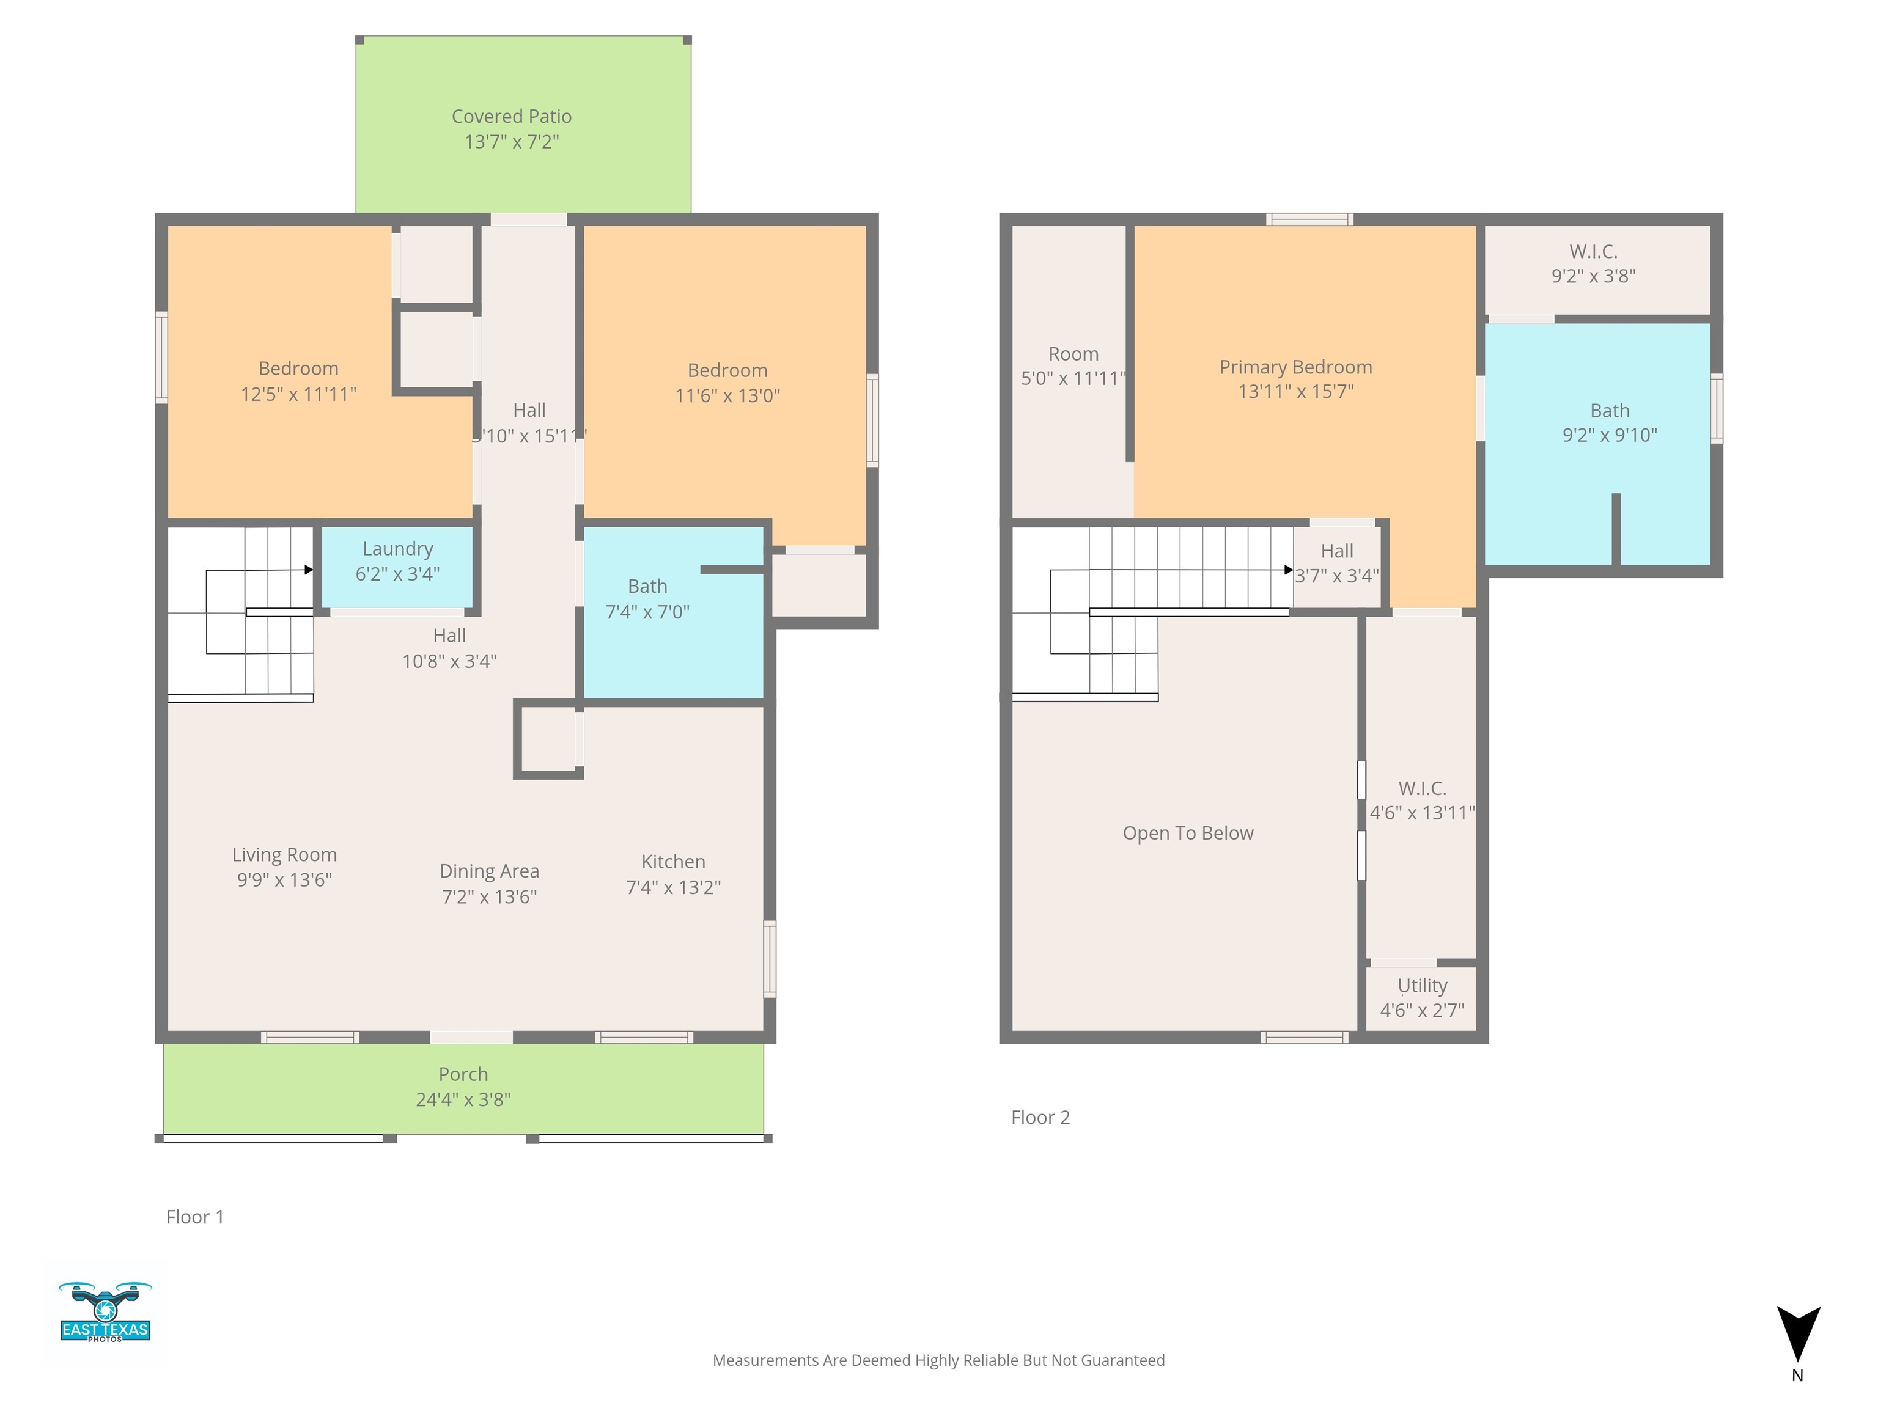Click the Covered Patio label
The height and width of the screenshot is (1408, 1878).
(511, 116)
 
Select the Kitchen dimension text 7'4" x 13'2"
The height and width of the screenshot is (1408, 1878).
(673, 887)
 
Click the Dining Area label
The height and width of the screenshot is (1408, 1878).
(489, 871)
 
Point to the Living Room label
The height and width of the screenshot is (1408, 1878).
(284, 855)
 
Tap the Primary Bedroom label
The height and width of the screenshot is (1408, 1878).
(1295, 367)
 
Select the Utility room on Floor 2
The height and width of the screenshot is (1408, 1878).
(1421, 999)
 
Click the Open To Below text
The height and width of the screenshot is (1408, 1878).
(1188, 834)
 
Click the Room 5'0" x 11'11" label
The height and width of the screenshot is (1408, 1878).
(1073, 366)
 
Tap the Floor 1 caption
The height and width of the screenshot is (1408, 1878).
(195, 1217)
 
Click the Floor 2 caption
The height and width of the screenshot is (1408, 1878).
(1040, 1118)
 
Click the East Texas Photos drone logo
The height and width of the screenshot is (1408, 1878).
(105, 1311)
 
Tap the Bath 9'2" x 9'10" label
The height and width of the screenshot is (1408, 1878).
(1610, 423)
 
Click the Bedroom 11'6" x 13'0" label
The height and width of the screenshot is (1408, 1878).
(727, 383)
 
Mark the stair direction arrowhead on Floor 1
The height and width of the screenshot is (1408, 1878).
(309, 570)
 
